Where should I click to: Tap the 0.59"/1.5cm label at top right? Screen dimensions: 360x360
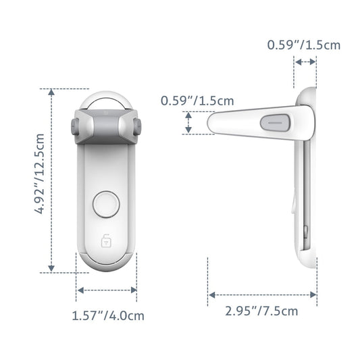tap(304, 45)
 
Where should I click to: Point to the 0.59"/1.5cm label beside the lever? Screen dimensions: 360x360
tap(197, 101)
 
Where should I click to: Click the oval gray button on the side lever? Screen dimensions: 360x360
tap(274, 124)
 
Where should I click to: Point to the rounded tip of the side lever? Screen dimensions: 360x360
tap(213, 123)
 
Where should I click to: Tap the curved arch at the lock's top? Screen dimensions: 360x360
tap(107, 98)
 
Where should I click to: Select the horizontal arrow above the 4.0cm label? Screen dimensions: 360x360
tap(107, 290)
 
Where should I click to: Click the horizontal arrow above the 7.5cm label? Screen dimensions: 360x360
tap(262, 294)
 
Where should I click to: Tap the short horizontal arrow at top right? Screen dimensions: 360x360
tap(305, 61)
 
